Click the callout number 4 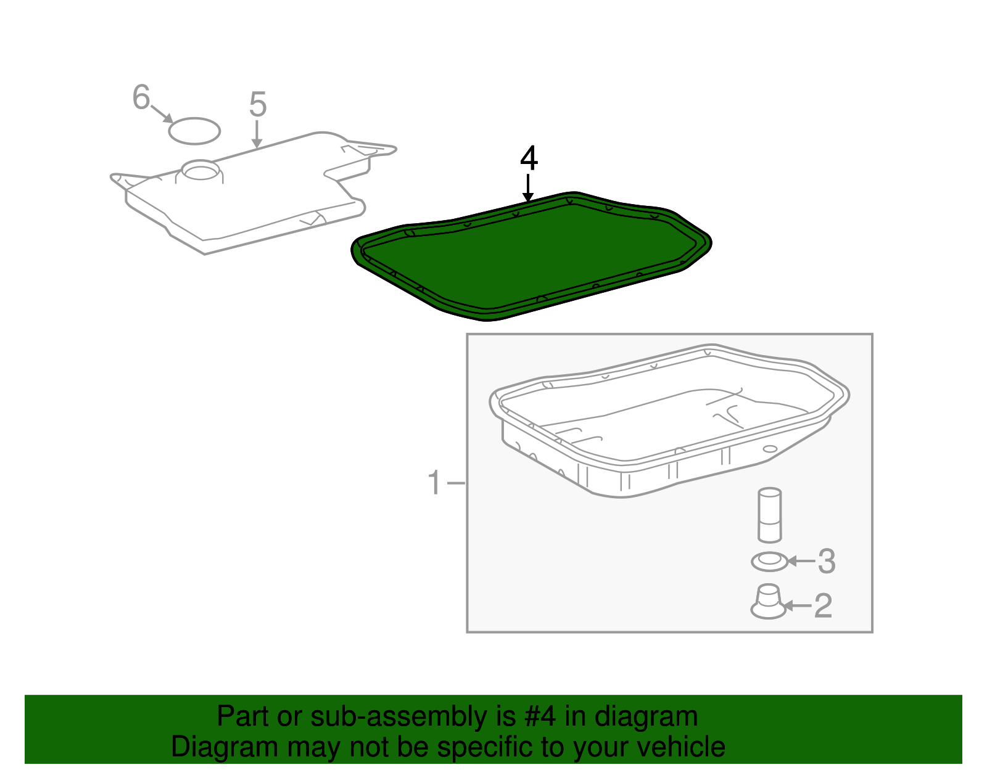point(529,158)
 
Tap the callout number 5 point(257,104)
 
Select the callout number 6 point(141,97)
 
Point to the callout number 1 point(434,482)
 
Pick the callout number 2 point(823,606)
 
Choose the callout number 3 point(827,562)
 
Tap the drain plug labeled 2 point(768,601)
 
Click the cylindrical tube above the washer point(769,515)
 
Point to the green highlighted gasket point(531,256)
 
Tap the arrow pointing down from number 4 point(527,188)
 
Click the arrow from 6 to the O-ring point(162,114)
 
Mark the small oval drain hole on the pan point(770,449)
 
